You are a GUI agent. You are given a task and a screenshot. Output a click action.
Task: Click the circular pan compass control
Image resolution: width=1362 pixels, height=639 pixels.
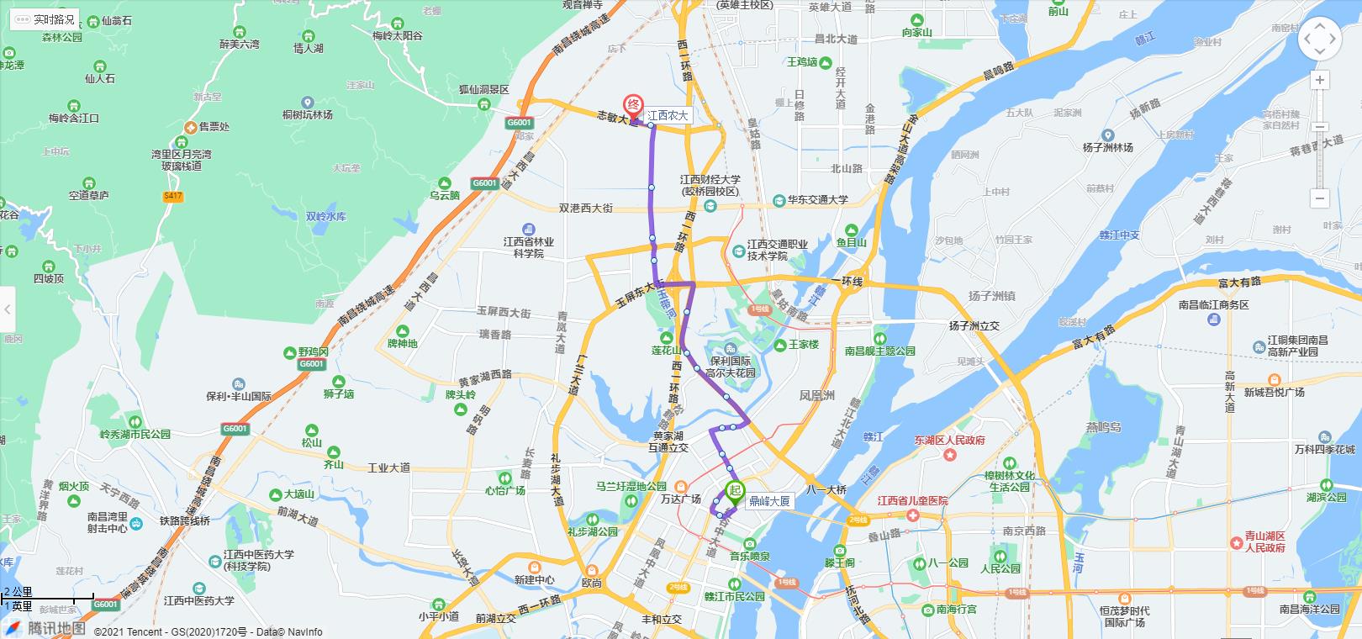pos(1319,39)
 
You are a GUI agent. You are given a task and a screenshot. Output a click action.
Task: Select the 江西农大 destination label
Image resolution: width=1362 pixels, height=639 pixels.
pos(668,115)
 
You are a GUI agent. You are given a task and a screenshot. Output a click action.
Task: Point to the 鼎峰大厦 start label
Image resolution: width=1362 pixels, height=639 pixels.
pos(769,501)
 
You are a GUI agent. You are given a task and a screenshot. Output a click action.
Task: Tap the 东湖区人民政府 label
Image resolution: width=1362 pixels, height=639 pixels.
pos(949,441)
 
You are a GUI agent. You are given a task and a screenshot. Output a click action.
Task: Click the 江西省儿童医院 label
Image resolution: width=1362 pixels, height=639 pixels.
pos(912,501)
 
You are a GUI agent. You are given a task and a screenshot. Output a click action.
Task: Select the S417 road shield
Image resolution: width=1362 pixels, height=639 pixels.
pos(173,196)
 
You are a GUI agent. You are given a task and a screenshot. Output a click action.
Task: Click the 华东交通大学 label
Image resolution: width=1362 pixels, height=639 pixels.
pos(817,200)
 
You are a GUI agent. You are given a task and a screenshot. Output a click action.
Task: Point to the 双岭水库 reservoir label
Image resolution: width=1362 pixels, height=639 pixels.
pos(325,216)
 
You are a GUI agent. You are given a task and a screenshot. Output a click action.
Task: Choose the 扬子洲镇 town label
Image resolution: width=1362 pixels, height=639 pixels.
pos(991,295)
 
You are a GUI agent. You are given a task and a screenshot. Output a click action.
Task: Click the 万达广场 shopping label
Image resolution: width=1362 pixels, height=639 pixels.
pos(680,499)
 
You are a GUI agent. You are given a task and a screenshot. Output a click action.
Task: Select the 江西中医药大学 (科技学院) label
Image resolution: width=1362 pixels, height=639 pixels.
pos(258,561)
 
